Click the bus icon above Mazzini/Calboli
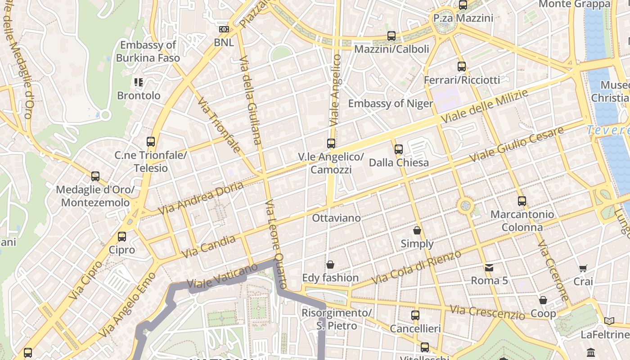pos(391,36)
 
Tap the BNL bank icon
pos(224,29)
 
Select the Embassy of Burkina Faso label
pos(148,51)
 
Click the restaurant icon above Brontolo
pos(139,82)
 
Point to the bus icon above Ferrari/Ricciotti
pos(462,67)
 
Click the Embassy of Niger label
pos(390,103)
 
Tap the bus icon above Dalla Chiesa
pos(399,149)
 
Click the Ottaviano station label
pos(337,218)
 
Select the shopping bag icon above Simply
pos(417,230)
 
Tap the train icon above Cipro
pos(122,237)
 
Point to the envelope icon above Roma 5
pos(489,268)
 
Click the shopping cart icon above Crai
pos(583,269)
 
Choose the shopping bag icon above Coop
pos(543,300)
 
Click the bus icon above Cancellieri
pos(415,315)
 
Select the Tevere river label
pos(607,130)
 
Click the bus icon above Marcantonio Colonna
pos(522,201)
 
